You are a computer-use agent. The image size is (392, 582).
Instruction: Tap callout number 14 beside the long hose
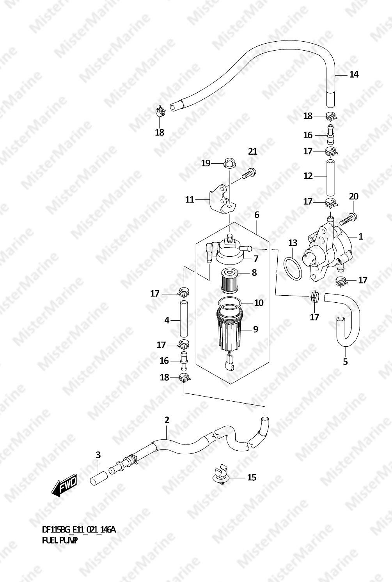tap(354, 74)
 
